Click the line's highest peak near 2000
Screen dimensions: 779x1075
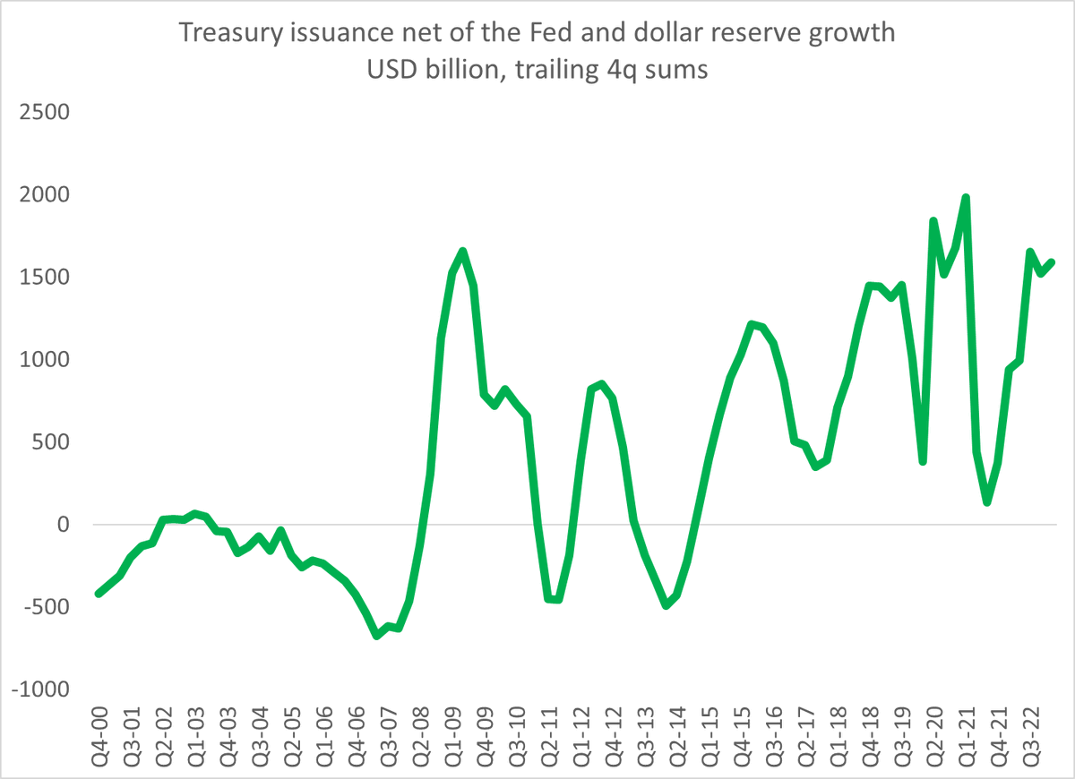click(x=965, y=198)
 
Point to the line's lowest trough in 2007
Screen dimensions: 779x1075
click(x=377, y=635)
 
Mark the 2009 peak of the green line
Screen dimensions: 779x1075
click(x=462, y=252)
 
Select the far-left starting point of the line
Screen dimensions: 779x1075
click(x=99, y=593)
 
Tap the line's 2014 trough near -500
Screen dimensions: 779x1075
click(x=666, y=605)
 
